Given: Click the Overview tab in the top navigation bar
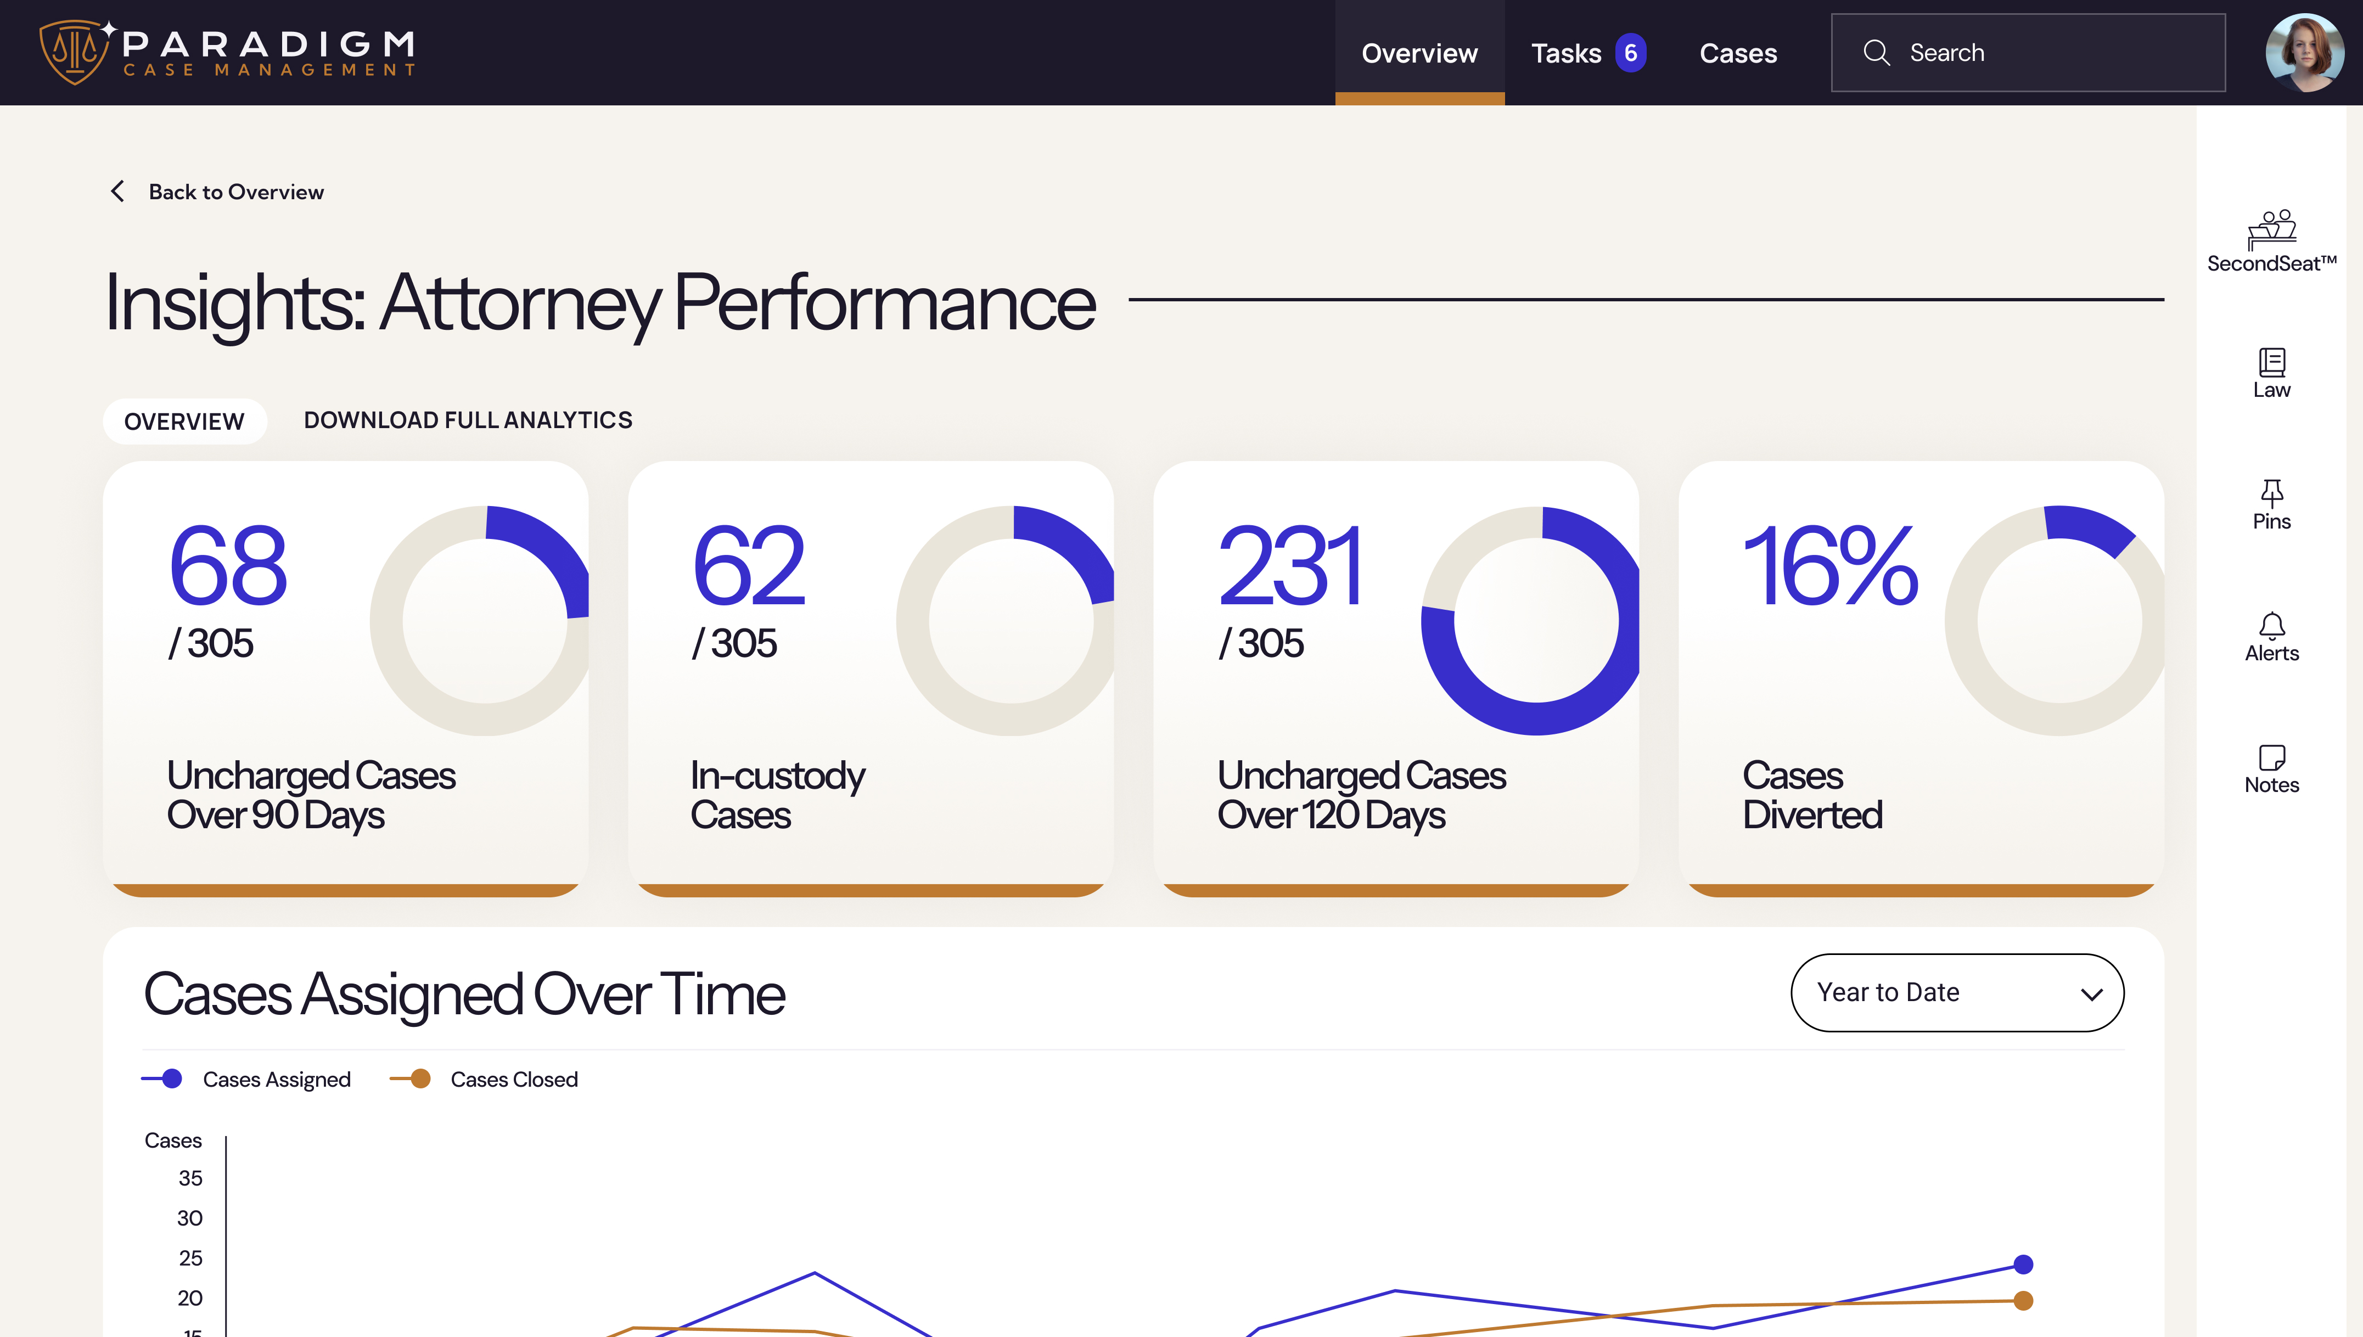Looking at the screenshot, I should point(1419,53).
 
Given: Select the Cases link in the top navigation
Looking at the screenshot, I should point(1738,53).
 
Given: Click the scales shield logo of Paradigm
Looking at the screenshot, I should point(74,52).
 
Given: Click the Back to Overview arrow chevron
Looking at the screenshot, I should point(117,191).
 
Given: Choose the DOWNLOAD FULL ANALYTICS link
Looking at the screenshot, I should point(468,420).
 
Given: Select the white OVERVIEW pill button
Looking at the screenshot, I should point(184,422).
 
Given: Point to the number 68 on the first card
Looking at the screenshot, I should point(228,566).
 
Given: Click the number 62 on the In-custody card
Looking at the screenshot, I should point(749,566).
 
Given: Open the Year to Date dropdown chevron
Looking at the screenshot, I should point(2091,993).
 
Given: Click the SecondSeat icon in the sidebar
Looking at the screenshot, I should point(2271,229).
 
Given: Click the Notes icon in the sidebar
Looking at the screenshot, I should point(2271,757).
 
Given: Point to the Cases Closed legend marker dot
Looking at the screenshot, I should point(420,1079).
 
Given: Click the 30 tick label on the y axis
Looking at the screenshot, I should point(190,1218).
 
